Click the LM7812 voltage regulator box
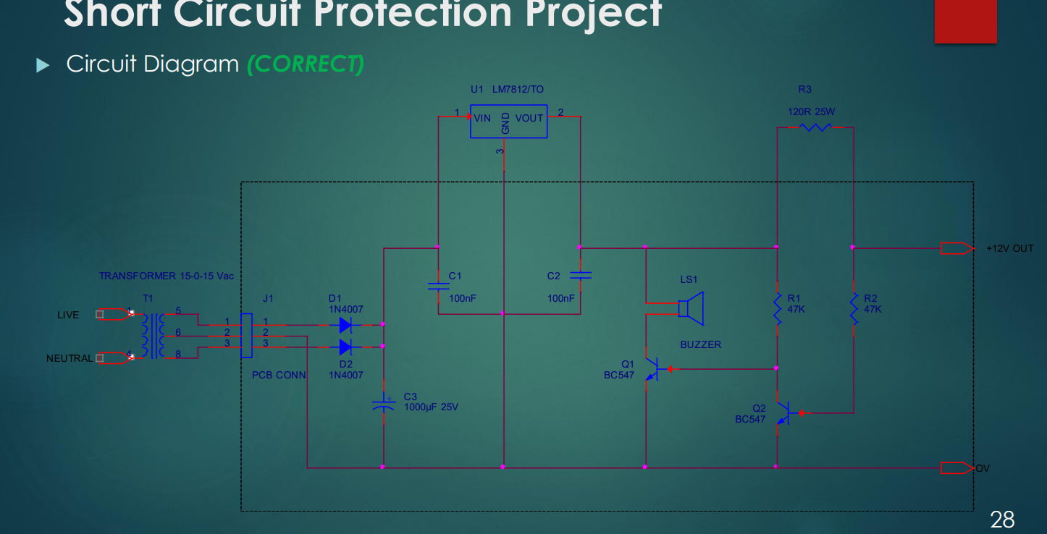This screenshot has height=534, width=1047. (x=508, y=121)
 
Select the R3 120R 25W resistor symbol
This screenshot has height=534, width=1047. (x=815, y=127)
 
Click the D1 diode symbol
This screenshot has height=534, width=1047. (x=346, y=324)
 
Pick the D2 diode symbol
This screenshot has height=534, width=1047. (x=346, y=347)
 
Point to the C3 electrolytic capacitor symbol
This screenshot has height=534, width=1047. (x=383, y=404)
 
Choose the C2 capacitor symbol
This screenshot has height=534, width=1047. (x=580, y=275)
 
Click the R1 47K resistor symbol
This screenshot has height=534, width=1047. (x=777, y=308)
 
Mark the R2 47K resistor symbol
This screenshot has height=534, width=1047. (x=853, y=308)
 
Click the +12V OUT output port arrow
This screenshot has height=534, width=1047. (x=956, y=248)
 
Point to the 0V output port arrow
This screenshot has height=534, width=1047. (x=956, y=467)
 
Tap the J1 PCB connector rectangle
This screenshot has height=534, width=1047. (x=246, y=335)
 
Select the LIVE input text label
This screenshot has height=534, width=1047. (x=68, y=315)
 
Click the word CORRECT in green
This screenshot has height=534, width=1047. (x=305, y=64)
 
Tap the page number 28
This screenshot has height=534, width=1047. (x=1002, y=519)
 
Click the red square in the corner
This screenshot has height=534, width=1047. (x=966, y=20)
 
